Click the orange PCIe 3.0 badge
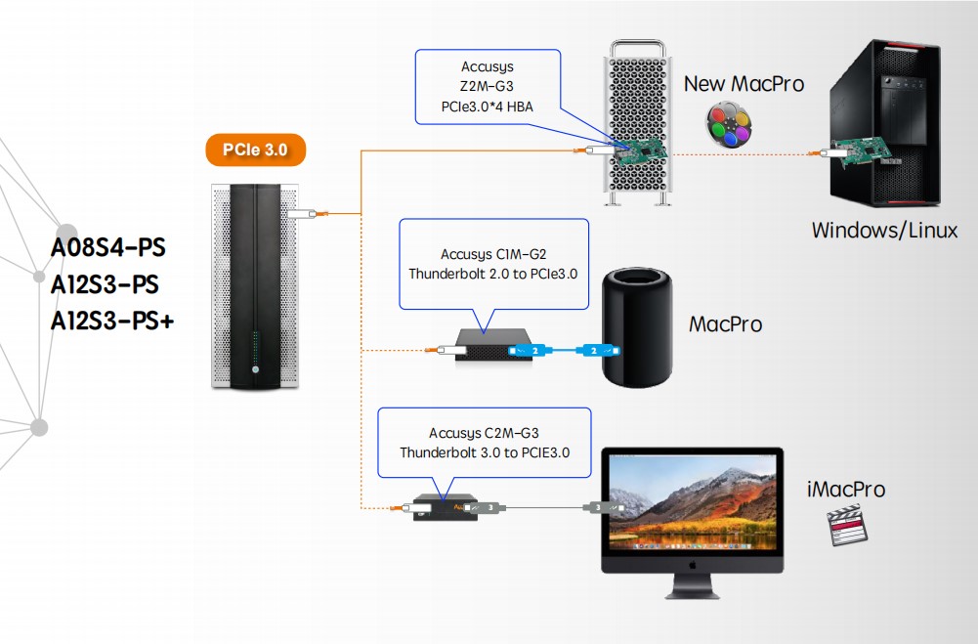pyautogui.click(x=255, y=150)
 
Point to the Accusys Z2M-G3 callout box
pyautogui.click(x=487, y=87)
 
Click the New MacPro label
pyautogui.click(x=744, y=83)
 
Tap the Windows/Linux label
pyautogui.click(x=884, y=231)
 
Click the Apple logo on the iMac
pyautogui.click(x=693, y=564)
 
